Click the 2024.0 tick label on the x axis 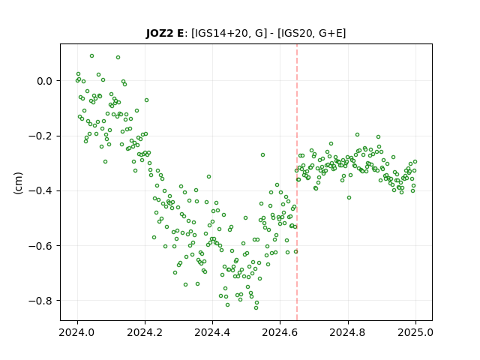tap(77, 332)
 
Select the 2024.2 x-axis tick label tap(145, 332)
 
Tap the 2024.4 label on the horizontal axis tap(212, 332)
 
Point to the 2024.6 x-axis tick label tap(280, 332)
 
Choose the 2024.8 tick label tap(348, 332)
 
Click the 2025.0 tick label tap(415, 332)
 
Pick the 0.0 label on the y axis tap(45, 81)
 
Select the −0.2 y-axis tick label tap(40, 136)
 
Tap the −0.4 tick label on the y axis tap(40, 191)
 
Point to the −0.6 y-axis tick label tap(40, 246)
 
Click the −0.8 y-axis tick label tap(40, 301)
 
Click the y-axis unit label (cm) tap(18, 182)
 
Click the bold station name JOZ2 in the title tap(159, 33)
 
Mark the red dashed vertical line tap(297, 182)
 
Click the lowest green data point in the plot tap(256, 307)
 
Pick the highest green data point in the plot tap(91, 56)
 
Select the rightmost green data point tap(415, 162)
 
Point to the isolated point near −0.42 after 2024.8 tap(349, 198)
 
